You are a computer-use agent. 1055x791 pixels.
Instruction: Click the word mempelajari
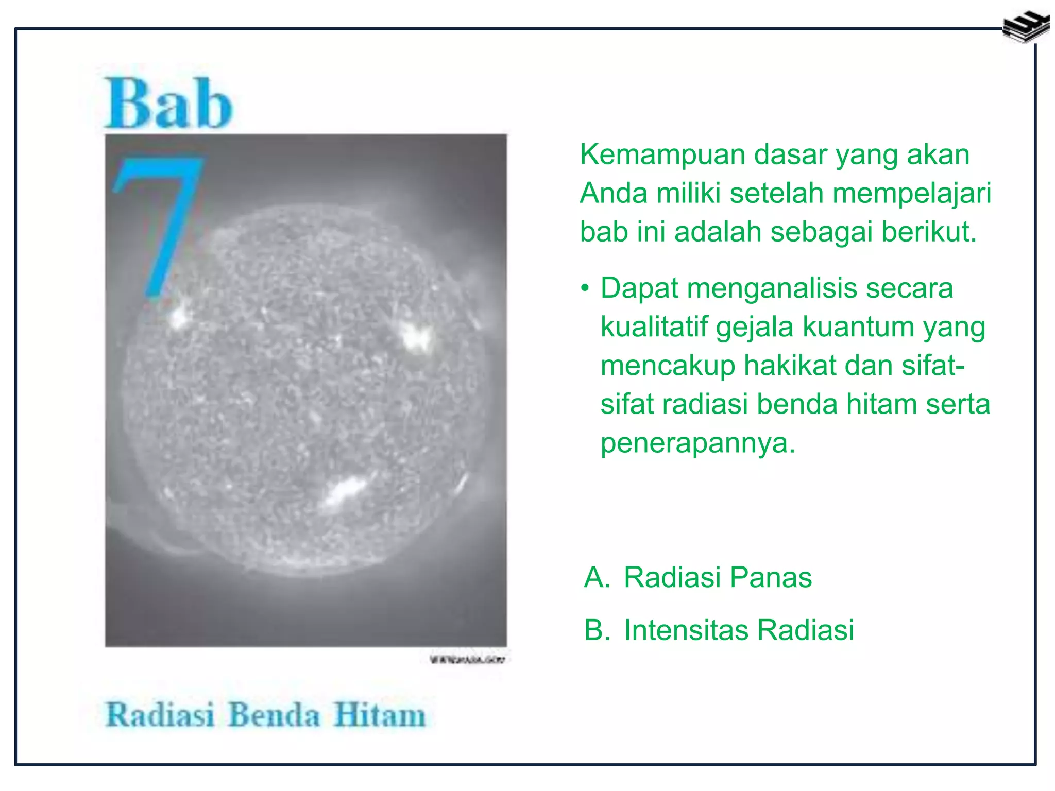click(911, 194)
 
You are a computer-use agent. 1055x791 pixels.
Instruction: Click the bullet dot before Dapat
click(584, 288)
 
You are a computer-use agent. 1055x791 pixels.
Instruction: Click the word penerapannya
click(697, 443)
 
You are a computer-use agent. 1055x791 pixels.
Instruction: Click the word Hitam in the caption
click(379, 715)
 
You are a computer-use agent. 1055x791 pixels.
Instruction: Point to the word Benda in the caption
click(274, 715)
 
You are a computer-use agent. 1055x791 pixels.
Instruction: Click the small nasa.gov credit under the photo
click(468, 659)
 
